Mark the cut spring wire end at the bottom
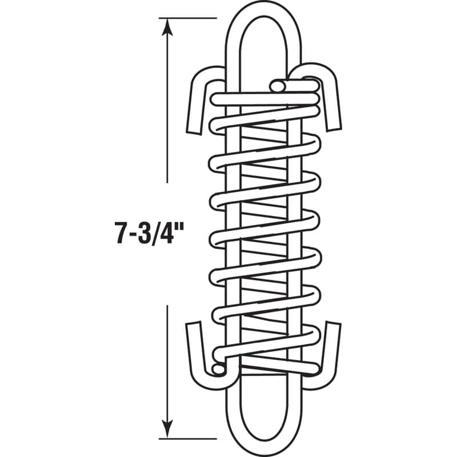(x=218, y=370)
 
